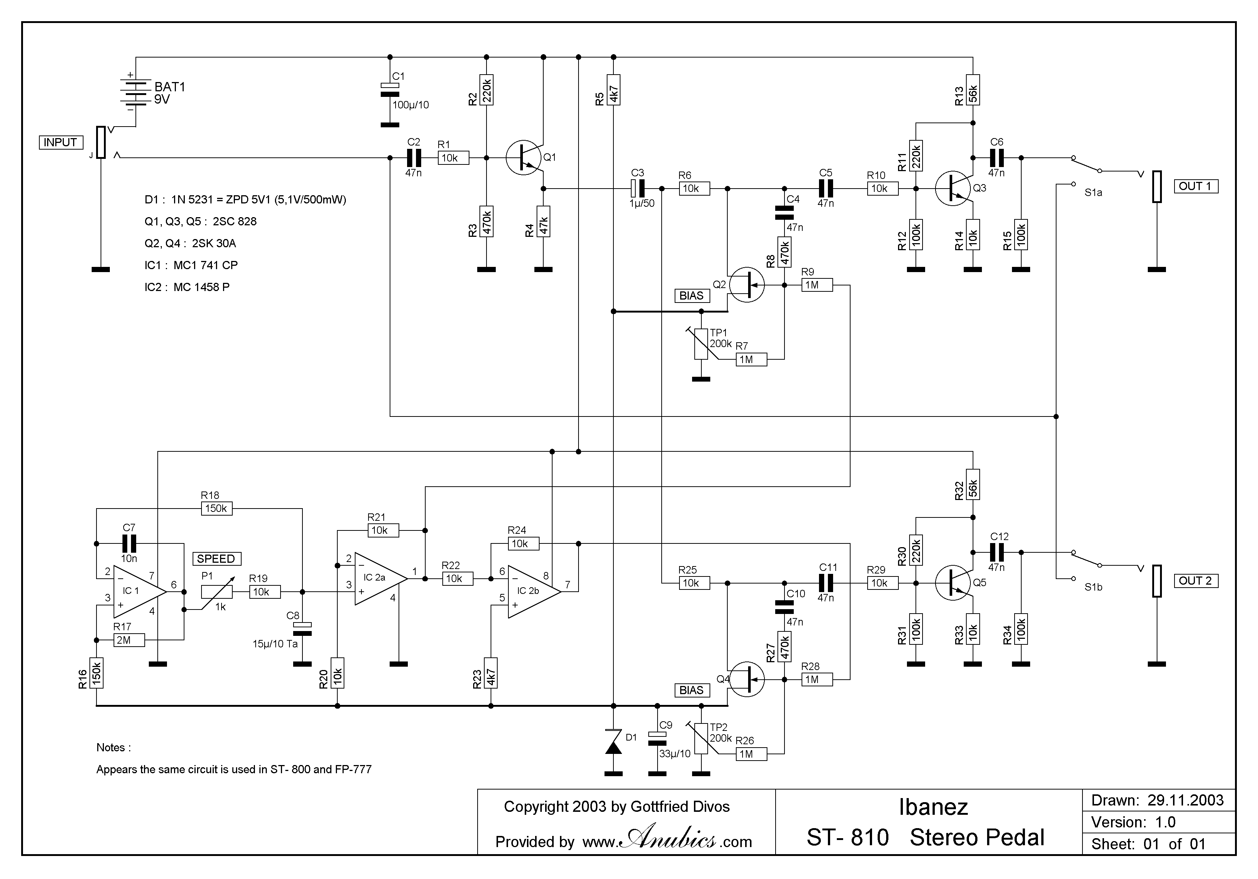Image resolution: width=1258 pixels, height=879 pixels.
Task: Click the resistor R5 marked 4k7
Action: (x=614, y=90)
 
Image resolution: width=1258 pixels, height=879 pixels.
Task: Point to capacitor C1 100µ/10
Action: (x=390, y=91)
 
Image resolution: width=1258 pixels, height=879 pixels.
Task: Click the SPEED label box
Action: (x=216, y=559)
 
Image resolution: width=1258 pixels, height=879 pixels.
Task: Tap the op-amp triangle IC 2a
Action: (x=379, y=579)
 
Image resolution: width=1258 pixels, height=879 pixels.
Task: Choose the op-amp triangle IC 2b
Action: (x=533, y=592)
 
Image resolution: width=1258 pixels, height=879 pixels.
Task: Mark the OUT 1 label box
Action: (x=1196, y=186)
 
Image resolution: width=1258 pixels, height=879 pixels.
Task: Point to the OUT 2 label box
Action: (x=1196, y=581)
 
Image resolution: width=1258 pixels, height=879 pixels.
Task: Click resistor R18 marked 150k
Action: (x=216, y=509)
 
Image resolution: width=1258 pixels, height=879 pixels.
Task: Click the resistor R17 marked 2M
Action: (x=129, y=640)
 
